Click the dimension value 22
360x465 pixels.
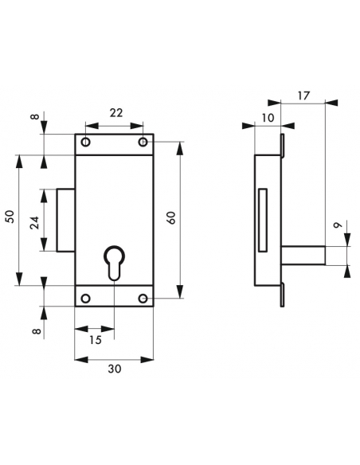(x=115, y=113)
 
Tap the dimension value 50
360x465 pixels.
(x=10, y=217)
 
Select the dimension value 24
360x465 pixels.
(x=35, y=222)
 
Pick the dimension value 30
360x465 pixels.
(x=114, y=369)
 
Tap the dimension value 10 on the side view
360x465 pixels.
(x=266, y=117)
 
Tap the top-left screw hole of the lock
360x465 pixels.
(x=85, y=143)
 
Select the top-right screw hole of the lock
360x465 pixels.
(x=143, y=143)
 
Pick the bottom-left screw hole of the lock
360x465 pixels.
(x=85, y=299)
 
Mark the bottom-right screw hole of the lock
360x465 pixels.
(x=143, y=299)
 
